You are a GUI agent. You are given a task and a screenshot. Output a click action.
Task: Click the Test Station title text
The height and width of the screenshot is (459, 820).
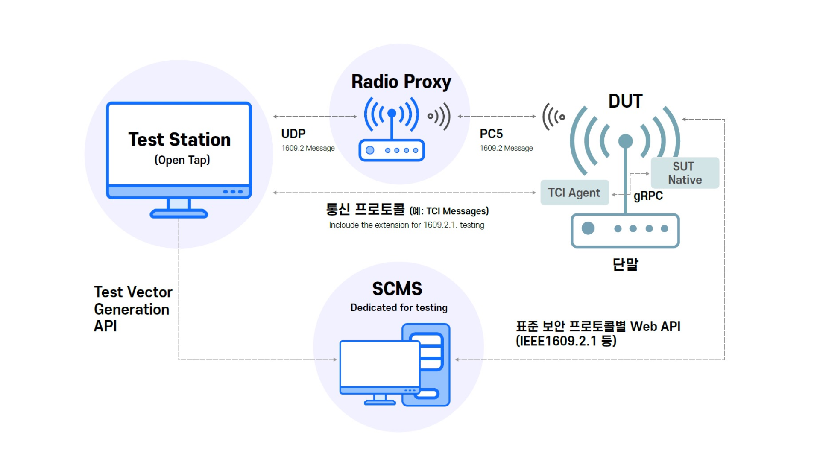coord(179,140)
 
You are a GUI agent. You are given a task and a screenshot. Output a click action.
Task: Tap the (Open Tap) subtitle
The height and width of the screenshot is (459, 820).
coord(182,160)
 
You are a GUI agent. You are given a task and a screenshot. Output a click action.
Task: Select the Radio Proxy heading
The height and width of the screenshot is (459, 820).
coord(401,82)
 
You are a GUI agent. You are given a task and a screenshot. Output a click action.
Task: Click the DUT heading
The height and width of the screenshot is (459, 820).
coord(625,101)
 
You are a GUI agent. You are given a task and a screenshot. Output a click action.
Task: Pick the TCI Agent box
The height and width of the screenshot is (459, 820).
coord(574,193)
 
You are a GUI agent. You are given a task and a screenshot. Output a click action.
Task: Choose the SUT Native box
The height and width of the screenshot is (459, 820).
coord(685,173)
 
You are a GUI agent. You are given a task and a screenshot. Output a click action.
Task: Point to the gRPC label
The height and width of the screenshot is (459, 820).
coord(648,196)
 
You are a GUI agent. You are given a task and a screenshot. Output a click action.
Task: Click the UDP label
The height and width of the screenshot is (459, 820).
coord(293,134)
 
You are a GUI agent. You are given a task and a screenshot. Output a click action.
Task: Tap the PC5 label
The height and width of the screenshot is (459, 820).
coord(491,134)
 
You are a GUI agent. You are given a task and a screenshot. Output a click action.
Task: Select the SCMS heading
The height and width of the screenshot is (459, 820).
coord(397,289)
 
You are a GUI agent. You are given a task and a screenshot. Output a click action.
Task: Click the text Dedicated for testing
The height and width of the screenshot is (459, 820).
coord(399,307)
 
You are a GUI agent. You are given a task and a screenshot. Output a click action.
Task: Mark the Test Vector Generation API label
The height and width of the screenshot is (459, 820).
coord(132,309)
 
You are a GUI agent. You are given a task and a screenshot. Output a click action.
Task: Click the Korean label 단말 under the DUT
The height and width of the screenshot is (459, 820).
coord(625,265)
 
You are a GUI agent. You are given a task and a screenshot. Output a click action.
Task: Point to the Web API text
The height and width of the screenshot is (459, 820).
coord(655,327)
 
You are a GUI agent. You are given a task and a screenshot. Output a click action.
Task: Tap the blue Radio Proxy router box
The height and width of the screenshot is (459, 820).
coord(392,150)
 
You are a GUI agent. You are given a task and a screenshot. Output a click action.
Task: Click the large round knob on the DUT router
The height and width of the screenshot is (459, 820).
coord(588,228)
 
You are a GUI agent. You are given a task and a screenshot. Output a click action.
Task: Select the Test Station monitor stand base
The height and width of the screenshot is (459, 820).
coord(179,213)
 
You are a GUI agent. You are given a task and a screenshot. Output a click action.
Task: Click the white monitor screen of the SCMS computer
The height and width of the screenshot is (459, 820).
coord(380,363)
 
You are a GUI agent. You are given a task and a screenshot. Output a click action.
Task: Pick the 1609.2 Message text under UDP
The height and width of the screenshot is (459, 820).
coord(308,148)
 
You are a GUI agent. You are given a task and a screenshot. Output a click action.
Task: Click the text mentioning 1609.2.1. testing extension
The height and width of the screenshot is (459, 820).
coord(407,225)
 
